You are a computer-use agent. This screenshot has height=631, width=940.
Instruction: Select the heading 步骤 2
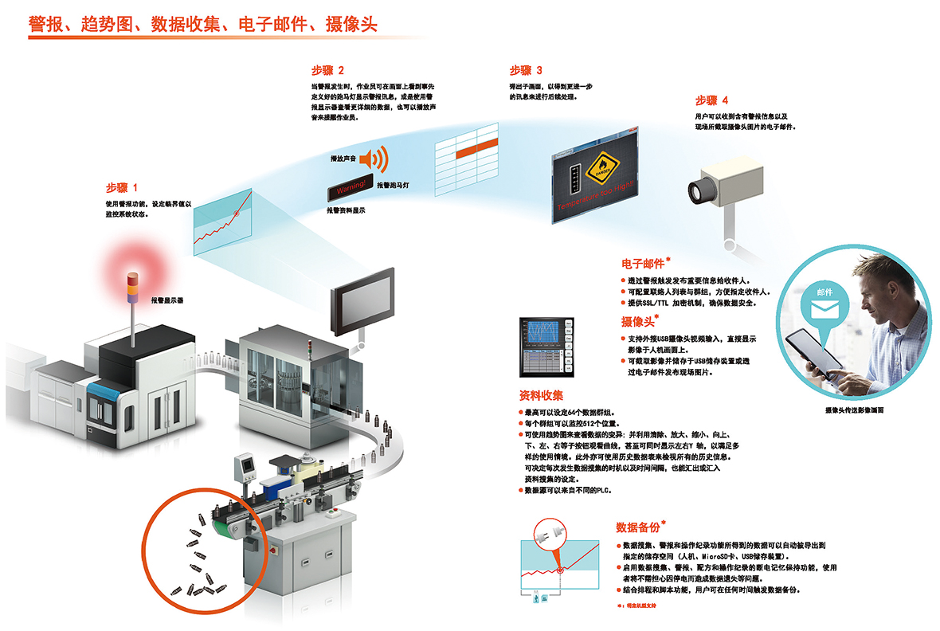(x=327, y=70)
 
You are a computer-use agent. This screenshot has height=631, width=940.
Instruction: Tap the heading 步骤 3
(x=527, y=70)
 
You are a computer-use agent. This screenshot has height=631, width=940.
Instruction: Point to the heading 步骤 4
(x=711, y=100)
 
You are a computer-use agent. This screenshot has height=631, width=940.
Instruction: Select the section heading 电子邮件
(x=643, y=264)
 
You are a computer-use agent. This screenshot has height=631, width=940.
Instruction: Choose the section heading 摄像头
(x=638, y=322)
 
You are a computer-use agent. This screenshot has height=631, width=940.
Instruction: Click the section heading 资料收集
(x=541, y=395)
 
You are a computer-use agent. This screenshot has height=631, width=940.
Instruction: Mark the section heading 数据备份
(x=638, y=527)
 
